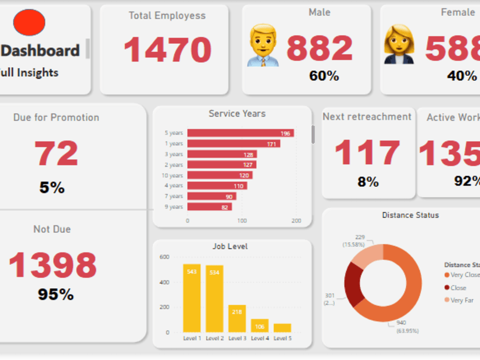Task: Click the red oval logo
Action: tap(29, 23)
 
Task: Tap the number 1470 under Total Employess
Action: tap(168, 49)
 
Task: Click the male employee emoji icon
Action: tap(263, 46)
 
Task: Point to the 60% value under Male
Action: tap(324, 76)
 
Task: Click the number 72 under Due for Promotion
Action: tap(56, 154)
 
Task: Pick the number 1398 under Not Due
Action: tap(53, 265)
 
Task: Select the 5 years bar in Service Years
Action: tap(240, 133)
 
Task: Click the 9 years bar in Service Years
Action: tap(209, 207)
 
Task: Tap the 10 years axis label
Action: tap(172, 175)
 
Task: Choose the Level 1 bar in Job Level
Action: tap(192, 298)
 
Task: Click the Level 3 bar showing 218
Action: tap(237, 318)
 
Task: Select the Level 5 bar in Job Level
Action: tap(282, 328)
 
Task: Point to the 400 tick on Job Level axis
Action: tap(164, 282)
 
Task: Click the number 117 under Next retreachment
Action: tap(367, 153)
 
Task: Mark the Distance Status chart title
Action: tap(410, 215)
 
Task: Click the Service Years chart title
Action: tap(237, 114)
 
